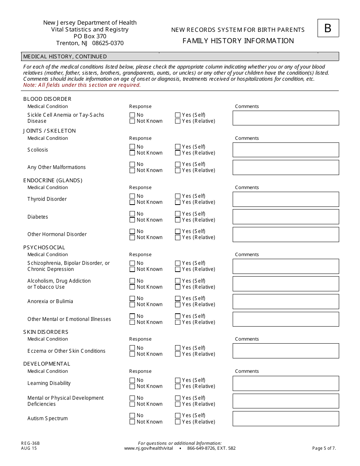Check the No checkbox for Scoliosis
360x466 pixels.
tap(132, 147)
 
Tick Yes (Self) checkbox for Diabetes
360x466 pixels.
tap(178, 214)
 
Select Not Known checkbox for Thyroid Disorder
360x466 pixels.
tap(132, 202)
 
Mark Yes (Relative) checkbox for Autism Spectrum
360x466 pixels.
tap(178, 422)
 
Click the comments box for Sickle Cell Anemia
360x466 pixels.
tap(286, 118)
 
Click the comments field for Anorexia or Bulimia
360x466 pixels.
tap(286, 302)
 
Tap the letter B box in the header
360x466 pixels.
tap(328, 28)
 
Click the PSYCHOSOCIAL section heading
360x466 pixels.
tap(44, 247)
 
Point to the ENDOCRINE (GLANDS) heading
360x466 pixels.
tap(53, 180)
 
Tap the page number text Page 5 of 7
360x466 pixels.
tap(324, 448)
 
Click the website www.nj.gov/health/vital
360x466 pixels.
tap(149, 448)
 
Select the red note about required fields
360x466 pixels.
tap(82, 85)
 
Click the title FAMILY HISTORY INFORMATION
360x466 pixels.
tap(238, 41)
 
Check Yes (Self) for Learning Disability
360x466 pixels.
tap(178, 380)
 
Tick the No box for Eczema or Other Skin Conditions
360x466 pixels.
tap(132, 348)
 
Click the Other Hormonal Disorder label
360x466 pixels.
tap(57, 234)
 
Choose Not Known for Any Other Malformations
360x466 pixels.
tap(132, 170)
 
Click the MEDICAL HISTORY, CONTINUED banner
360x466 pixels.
tap(65, 56)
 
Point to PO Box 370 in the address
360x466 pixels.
tap(90, 36)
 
